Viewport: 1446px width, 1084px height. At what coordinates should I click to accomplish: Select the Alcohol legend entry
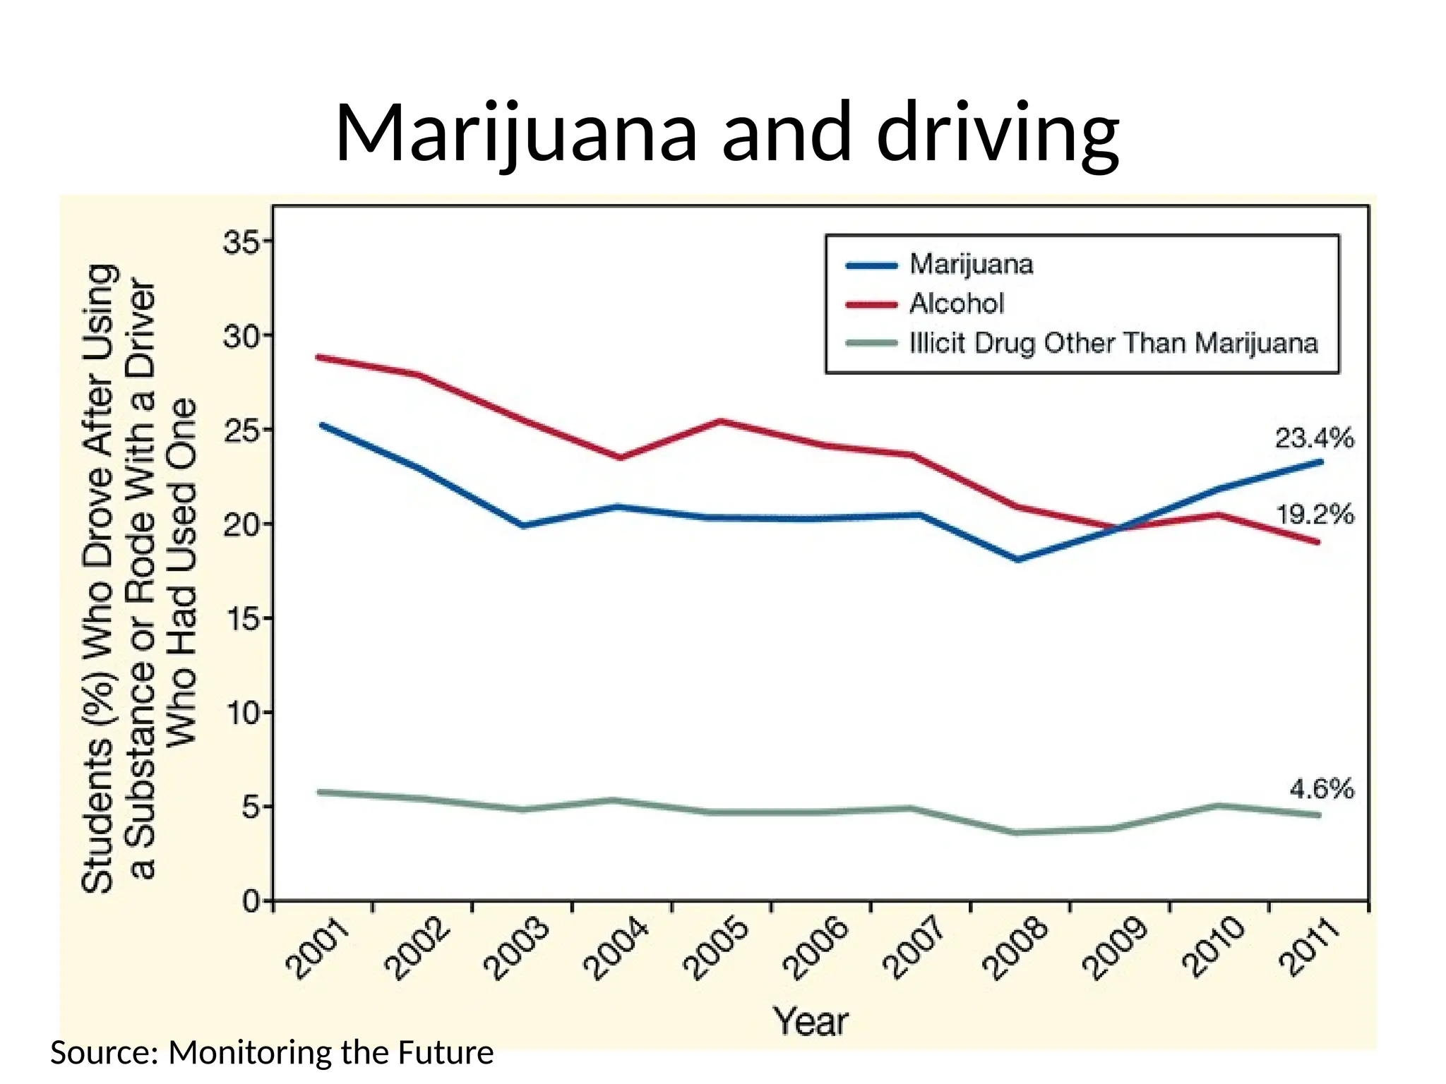(956, 303)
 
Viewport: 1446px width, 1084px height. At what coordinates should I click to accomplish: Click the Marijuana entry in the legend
(971, 264)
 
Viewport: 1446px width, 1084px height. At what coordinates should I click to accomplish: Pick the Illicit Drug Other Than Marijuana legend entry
(1113, 343)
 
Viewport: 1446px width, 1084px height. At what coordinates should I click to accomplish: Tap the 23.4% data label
(1314, 438)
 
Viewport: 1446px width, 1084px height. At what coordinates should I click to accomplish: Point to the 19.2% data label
(1314, 514)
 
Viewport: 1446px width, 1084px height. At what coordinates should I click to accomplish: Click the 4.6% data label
(1321, 788)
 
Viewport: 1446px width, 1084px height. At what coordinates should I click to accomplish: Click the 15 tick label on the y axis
(241, 619)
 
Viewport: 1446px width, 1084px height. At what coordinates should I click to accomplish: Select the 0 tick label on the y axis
(250, 901)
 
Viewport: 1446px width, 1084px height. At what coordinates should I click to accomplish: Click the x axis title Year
(810, 1021)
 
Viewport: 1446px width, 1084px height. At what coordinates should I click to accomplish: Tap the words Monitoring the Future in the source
(330, 1052)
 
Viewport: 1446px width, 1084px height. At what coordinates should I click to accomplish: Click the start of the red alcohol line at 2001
(319, 357)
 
